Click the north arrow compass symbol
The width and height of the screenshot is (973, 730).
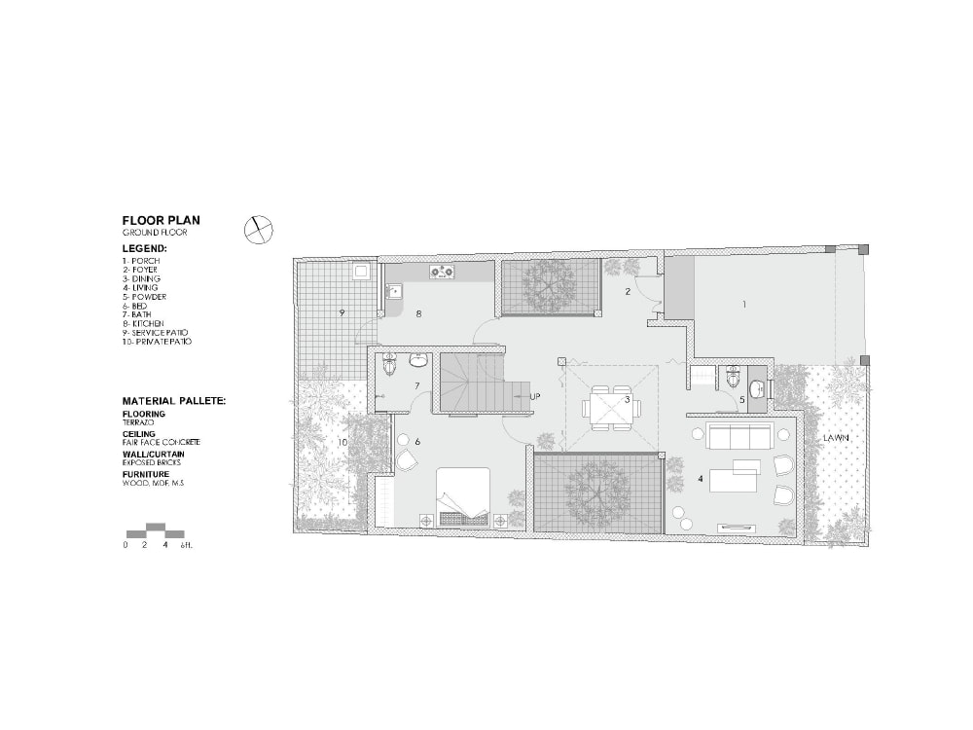click(x=258, y=228)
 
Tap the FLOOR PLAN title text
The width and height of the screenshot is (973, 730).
click(x=161, y=221)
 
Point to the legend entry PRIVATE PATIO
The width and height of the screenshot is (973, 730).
click(x=158, y=342)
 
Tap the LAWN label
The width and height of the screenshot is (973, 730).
click(x=836, y=438)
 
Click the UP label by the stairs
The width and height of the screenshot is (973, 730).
click(x=534, y=396)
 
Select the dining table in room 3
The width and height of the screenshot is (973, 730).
click(x=610, y=406)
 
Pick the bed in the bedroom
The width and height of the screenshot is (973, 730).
click(x=463, y=495)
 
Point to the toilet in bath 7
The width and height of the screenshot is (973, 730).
click(x=391, y=365)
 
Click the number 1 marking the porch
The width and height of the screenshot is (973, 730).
click(x=744, y=305)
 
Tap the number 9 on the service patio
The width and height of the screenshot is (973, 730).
click(x=342, y=312)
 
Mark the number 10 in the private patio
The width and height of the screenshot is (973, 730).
click(x=342, y=442)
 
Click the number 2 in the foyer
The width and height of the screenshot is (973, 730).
click(x=628, y=291)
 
